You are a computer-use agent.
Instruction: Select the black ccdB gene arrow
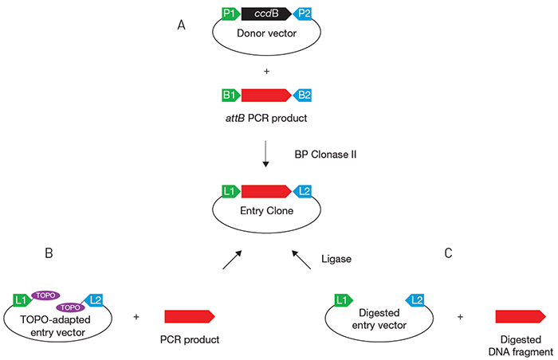[265, 14]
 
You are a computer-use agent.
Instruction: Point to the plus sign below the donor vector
[265, 71]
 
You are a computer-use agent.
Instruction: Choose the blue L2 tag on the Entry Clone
[303, 191]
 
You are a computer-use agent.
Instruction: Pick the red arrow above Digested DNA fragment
[521, 316]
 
